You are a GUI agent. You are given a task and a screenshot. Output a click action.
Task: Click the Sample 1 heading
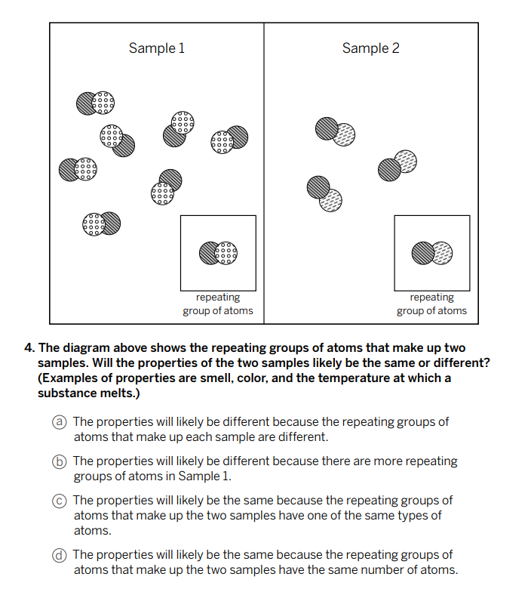(156, 48)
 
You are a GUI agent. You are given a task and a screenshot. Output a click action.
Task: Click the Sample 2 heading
(370, 48)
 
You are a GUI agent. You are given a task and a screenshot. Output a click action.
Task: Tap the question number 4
(29, 348)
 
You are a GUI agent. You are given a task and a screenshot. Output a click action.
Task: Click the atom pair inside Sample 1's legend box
(218, 253)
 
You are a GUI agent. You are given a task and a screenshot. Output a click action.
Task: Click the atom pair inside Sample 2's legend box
(431, 253)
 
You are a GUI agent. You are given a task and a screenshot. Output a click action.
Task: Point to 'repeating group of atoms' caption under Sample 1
(218, 304)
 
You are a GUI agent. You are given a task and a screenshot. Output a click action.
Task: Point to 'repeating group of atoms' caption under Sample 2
(431, 304)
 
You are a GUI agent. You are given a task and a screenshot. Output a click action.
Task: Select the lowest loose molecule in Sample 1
(101, 223)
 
